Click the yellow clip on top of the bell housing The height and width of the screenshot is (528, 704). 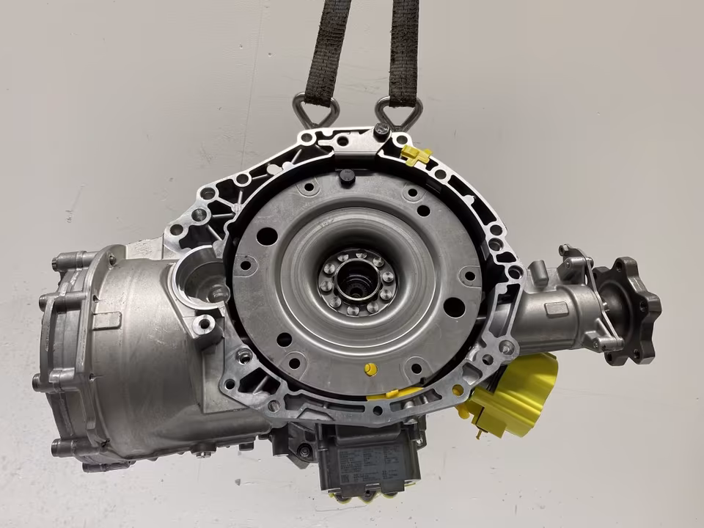tap(416, 154)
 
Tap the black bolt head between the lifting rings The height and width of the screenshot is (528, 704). tap(381, 131)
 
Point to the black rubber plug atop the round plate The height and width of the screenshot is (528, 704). tap(347, 177)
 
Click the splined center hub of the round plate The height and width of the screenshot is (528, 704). tap(357, 282)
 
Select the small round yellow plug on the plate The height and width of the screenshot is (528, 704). tap(371, 369)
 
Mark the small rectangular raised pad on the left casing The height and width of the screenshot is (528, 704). tap(107, 320)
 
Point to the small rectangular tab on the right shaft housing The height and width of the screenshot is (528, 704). tap(557, 309)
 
